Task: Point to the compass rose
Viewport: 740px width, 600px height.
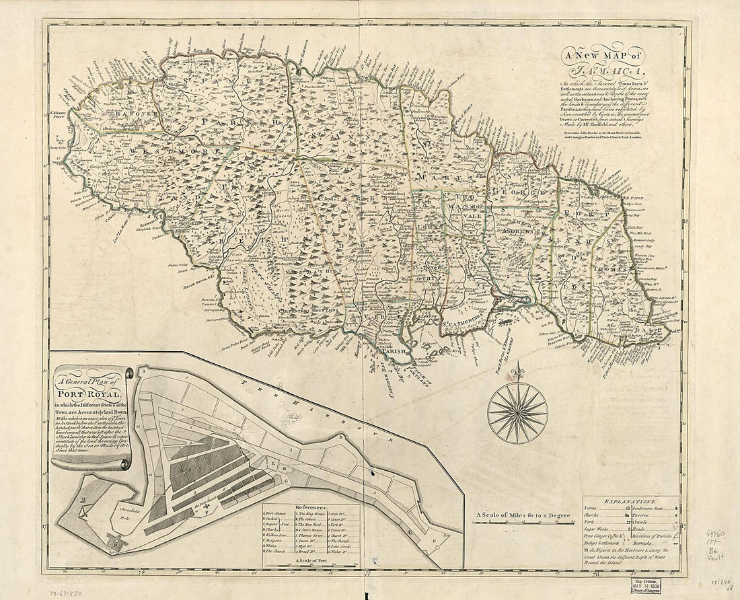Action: (517, 411)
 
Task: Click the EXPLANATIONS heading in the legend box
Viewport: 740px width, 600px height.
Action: (629, 502)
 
